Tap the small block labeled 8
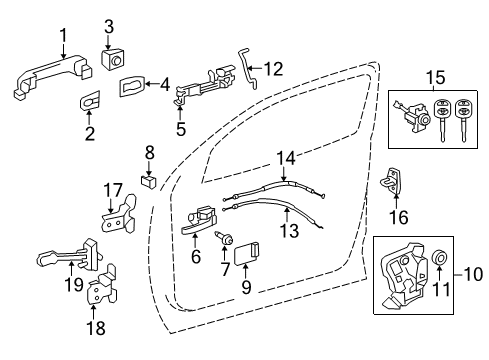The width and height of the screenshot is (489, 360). coord(147,181)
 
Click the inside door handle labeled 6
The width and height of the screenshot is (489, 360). coord(201,219)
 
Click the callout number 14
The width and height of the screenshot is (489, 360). coord(288,157)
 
